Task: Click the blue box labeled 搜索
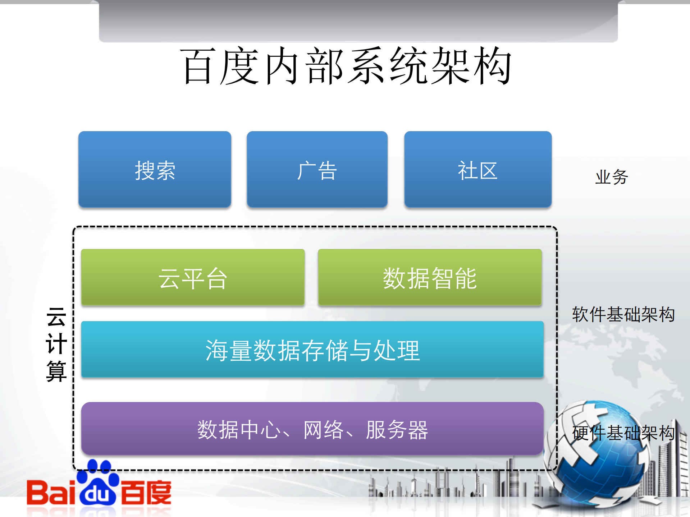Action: (155, 170)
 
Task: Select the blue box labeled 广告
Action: (317, 170)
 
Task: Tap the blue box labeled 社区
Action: (477, 170)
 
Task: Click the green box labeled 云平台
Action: (193, 278)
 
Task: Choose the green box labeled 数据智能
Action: (430, 278)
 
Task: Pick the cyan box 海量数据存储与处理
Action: (312, 350)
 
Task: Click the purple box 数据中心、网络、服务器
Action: (312, 429)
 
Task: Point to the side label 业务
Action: (611, 177)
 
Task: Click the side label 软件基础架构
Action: (623, 314)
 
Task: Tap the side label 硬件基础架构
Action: (623, 433)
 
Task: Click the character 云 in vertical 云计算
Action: (56, 317)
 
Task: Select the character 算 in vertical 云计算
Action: (56, 371)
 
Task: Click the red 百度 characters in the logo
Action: (146, 492)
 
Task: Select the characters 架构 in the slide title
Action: (471, 66)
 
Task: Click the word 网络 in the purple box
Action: (323, 430)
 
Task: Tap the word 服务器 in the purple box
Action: (397, 430)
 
